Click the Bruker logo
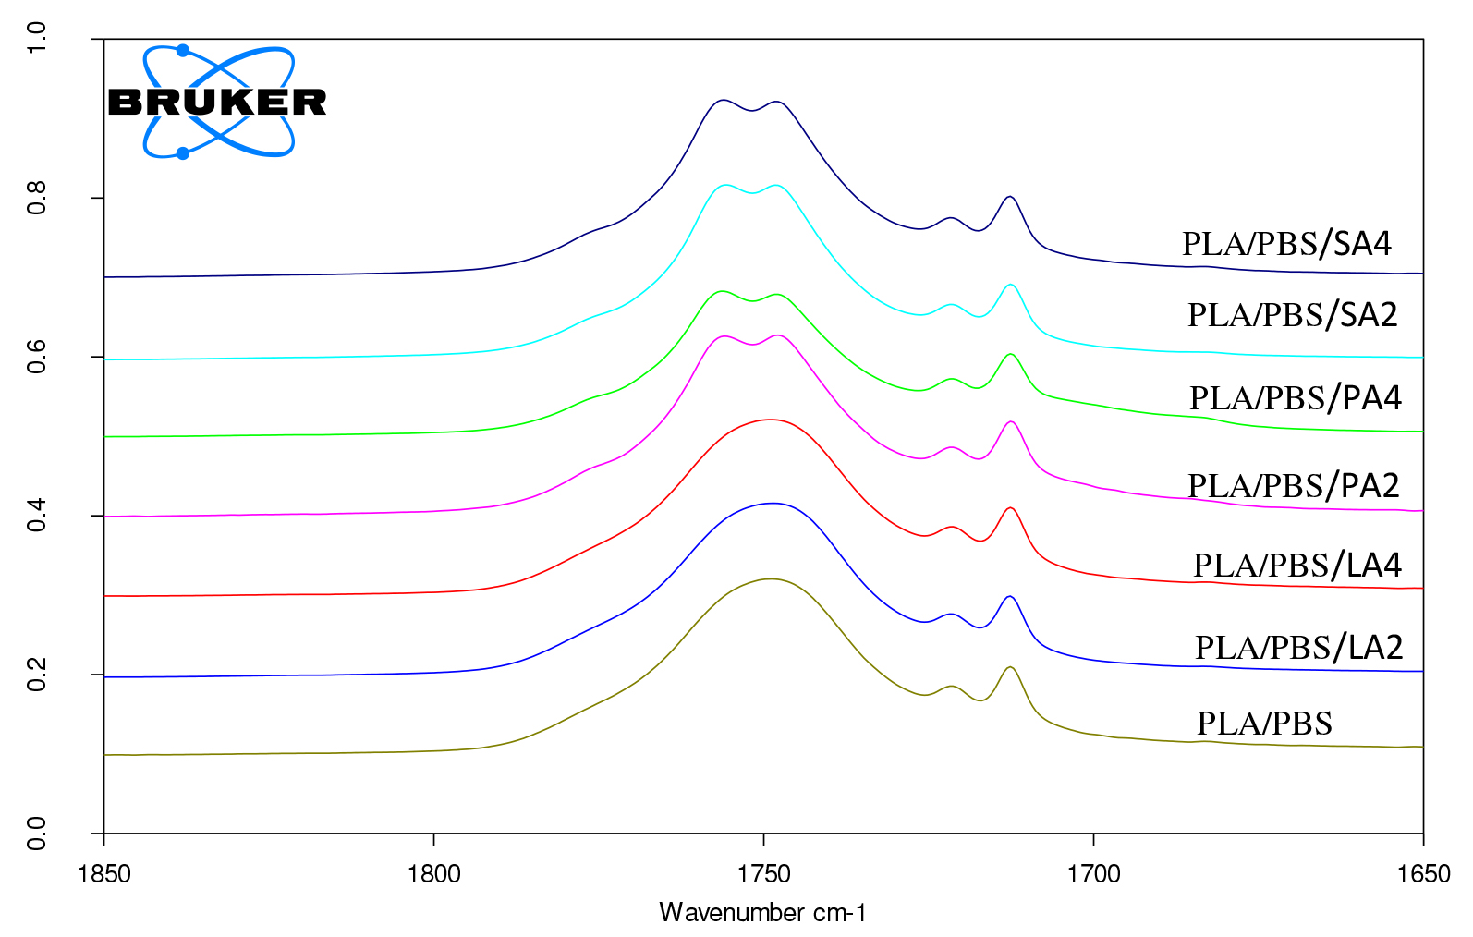click(x=218, y=102)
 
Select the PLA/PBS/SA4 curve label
click(x=1286, y=244)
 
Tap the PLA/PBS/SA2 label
click(x=1292, y=315)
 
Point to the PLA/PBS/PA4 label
click(x=1295, y=398)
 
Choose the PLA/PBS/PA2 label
click(x=1293, y=485)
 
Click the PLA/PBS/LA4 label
click(x=1296, y=566)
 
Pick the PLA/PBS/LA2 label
click(x=1298, y=648)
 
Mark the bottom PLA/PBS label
click(x=1264, y=724)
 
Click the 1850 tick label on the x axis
click(x=104, y=874)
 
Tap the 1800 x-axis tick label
click(x=434, y=874)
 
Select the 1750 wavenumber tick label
click(x=764, y=874)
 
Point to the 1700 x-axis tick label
click(x=1094, y=874)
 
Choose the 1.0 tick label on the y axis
click(x=37, y=39)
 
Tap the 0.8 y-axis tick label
click(x=37, y=198)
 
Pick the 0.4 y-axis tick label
click(x=37, y=516)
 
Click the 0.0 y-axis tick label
click(x=37, y=834)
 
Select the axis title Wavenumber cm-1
click(x=763, y=913)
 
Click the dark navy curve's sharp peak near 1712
click(x=1010, y=197)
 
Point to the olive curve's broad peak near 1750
click(x=770, y=579)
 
